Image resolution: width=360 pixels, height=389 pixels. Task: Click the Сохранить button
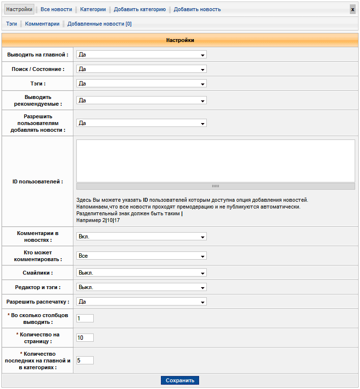(180, 380)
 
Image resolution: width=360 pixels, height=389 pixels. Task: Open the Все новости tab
(56, 9)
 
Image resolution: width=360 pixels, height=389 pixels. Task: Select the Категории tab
(93, 9)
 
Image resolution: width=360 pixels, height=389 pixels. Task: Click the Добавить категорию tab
(140, 9)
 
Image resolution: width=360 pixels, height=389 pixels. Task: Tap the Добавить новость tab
(197, 9)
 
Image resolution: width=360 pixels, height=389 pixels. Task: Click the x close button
(353, 9)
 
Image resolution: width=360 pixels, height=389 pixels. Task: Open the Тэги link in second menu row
(12, 24)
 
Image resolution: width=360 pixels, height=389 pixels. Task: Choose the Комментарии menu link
(43, 24)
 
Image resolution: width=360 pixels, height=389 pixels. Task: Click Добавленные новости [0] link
(99, 24)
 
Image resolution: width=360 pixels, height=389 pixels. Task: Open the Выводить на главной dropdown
(142, 55)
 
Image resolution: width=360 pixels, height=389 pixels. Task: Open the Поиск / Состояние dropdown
(142, 69)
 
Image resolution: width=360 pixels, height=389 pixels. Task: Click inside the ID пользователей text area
(216, 161)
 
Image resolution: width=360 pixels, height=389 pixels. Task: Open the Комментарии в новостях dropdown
(142, 236)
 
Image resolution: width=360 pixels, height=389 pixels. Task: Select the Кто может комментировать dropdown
(142, 256)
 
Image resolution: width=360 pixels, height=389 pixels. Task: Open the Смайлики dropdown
(142, 273)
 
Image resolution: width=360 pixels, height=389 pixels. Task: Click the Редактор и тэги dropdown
(142, 287)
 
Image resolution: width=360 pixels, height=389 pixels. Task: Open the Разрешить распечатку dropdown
(142, 302)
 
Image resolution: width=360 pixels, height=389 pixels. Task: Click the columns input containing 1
(85, 318)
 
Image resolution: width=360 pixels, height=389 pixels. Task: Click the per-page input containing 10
(85, 337)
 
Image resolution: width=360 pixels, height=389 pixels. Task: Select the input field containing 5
(85, 360)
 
